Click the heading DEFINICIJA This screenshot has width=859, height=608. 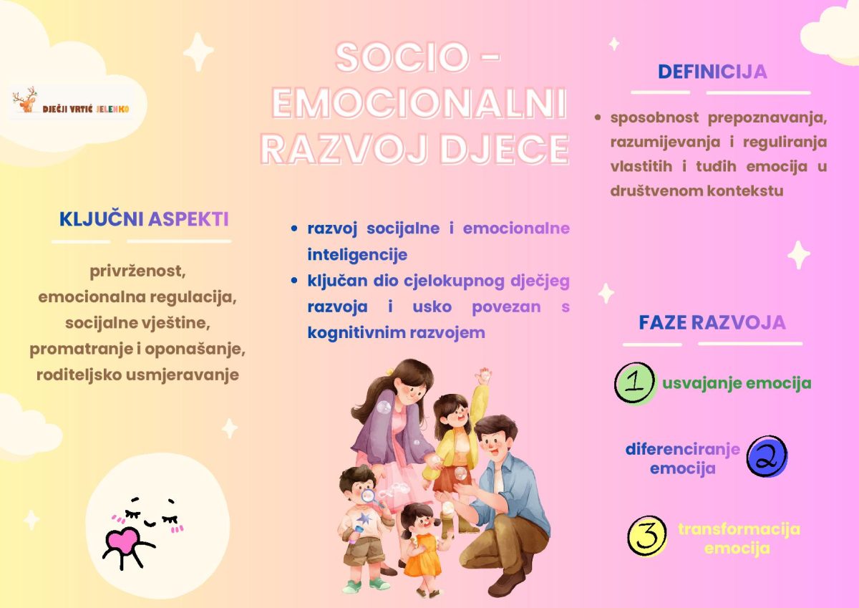tap(712, 72)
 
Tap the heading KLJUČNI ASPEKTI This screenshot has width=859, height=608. tap(144, 219)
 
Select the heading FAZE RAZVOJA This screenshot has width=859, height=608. tap(712, 322)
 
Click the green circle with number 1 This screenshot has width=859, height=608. tap(635, 383)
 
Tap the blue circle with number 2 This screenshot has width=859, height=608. tap(767, 456)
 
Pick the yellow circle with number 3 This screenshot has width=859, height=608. tap(646, 536)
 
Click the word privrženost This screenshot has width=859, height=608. tap(137, 271)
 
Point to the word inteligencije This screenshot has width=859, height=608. tap(357, 255)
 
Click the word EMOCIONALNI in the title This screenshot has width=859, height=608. tap(419, 103)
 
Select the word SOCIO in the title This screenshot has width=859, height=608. tap(402, 57)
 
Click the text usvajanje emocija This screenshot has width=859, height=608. tap(737, 383)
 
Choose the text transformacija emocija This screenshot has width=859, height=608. tap(739, 539)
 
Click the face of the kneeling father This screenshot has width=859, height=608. tap(495, 440)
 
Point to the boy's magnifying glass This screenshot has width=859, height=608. tap(369, 497)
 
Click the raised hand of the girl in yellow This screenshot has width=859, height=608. tap(483, 375)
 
